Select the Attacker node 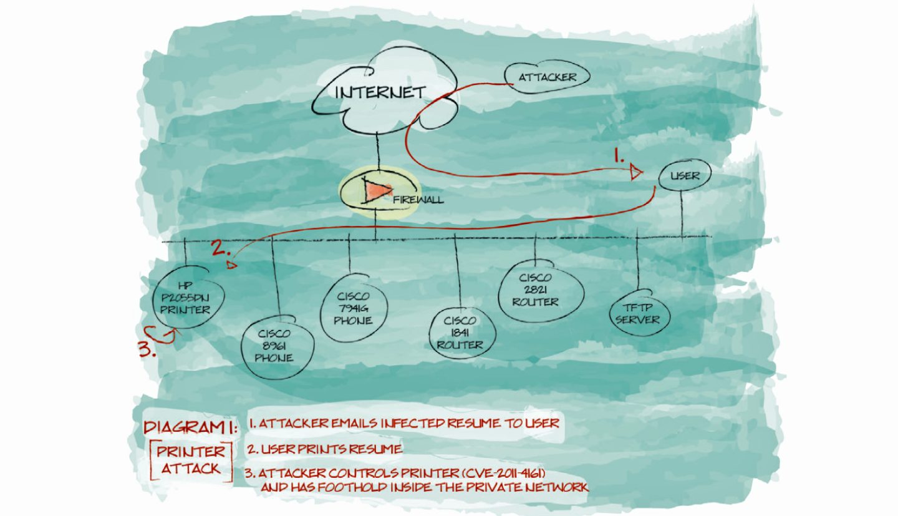coord(546,78)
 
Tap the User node coord(685,176)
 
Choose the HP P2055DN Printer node coord(185,298)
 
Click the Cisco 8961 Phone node coord(274,346)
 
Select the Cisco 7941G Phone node coord(353,308)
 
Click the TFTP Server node coord(637,314)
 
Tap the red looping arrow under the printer coord(161,336)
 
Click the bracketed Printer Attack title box coord(191,460)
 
